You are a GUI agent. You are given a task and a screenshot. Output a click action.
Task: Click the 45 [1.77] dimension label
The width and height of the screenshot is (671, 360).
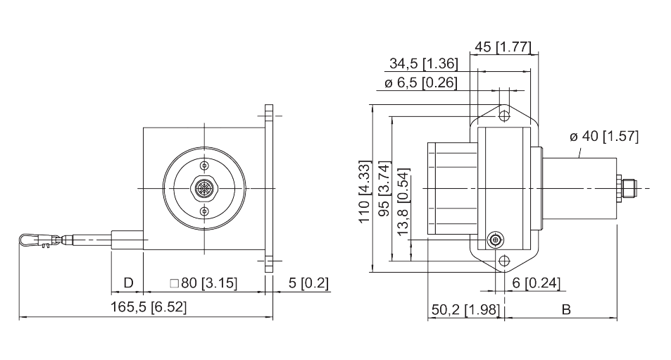pos(503,46)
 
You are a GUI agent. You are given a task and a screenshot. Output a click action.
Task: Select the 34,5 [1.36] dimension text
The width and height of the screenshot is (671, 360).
pos(423,64)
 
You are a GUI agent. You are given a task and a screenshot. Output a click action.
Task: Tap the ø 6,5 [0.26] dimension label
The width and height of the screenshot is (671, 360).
pos(420,82)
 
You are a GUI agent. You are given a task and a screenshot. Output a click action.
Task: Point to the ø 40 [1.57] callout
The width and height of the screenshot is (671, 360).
pos(604,137)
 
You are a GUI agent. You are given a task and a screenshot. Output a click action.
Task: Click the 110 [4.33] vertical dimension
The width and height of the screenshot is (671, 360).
pos(364,192)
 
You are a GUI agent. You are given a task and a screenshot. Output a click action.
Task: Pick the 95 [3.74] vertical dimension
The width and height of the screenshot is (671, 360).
pos(384,189)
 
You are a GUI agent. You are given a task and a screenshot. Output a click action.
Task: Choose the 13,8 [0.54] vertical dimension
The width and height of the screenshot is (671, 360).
pos(403,201)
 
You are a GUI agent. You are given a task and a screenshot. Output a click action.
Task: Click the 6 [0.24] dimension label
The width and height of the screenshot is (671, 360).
pos(536,283)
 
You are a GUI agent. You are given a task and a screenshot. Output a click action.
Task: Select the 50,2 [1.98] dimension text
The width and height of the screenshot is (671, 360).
pos(465,309)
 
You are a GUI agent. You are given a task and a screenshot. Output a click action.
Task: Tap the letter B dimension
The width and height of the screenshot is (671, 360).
pos(566,309)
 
